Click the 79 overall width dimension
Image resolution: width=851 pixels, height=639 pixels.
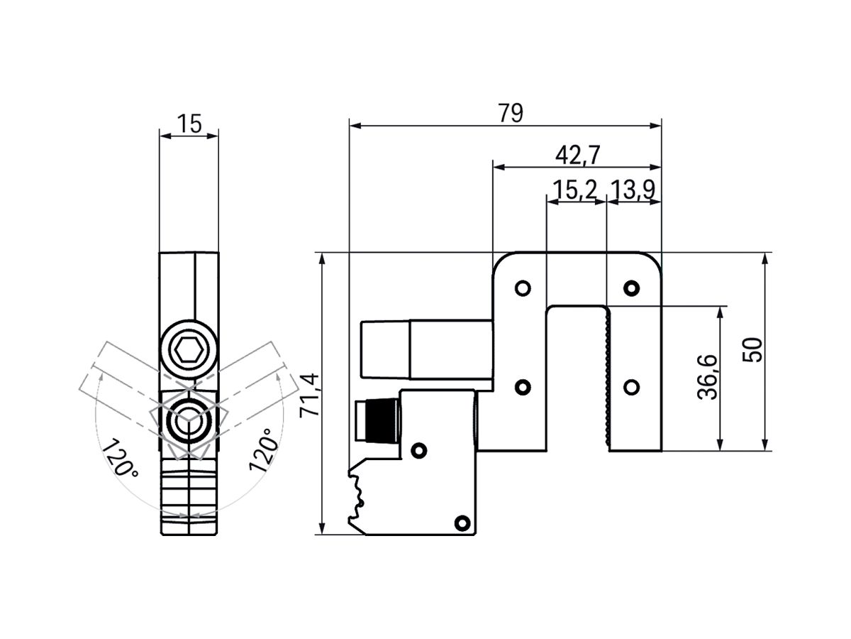[511, 113]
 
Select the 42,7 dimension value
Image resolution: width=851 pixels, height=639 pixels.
[576, 155]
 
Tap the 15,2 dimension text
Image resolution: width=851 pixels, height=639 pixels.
[574, 190]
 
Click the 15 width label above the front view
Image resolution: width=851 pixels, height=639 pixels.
[189, 124]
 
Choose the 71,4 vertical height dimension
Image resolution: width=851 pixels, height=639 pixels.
[310, 395]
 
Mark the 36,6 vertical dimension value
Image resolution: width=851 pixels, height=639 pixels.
[708, 378]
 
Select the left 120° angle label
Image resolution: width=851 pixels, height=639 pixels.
[119, 459]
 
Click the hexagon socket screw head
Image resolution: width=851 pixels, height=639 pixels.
[189, 350]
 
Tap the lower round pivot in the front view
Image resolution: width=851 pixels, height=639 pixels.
[189, 421]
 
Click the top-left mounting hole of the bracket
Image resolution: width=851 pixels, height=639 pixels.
[523, 288]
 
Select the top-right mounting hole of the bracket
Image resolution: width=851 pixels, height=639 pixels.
[630, 288]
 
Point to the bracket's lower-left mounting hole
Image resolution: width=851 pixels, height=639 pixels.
[523, 387]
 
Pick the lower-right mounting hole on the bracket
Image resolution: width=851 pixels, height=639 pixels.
[630, 387]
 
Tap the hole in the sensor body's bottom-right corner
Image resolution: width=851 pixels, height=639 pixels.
[461, 522]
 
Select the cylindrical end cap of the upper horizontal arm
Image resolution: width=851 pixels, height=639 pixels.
[384, 349]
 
